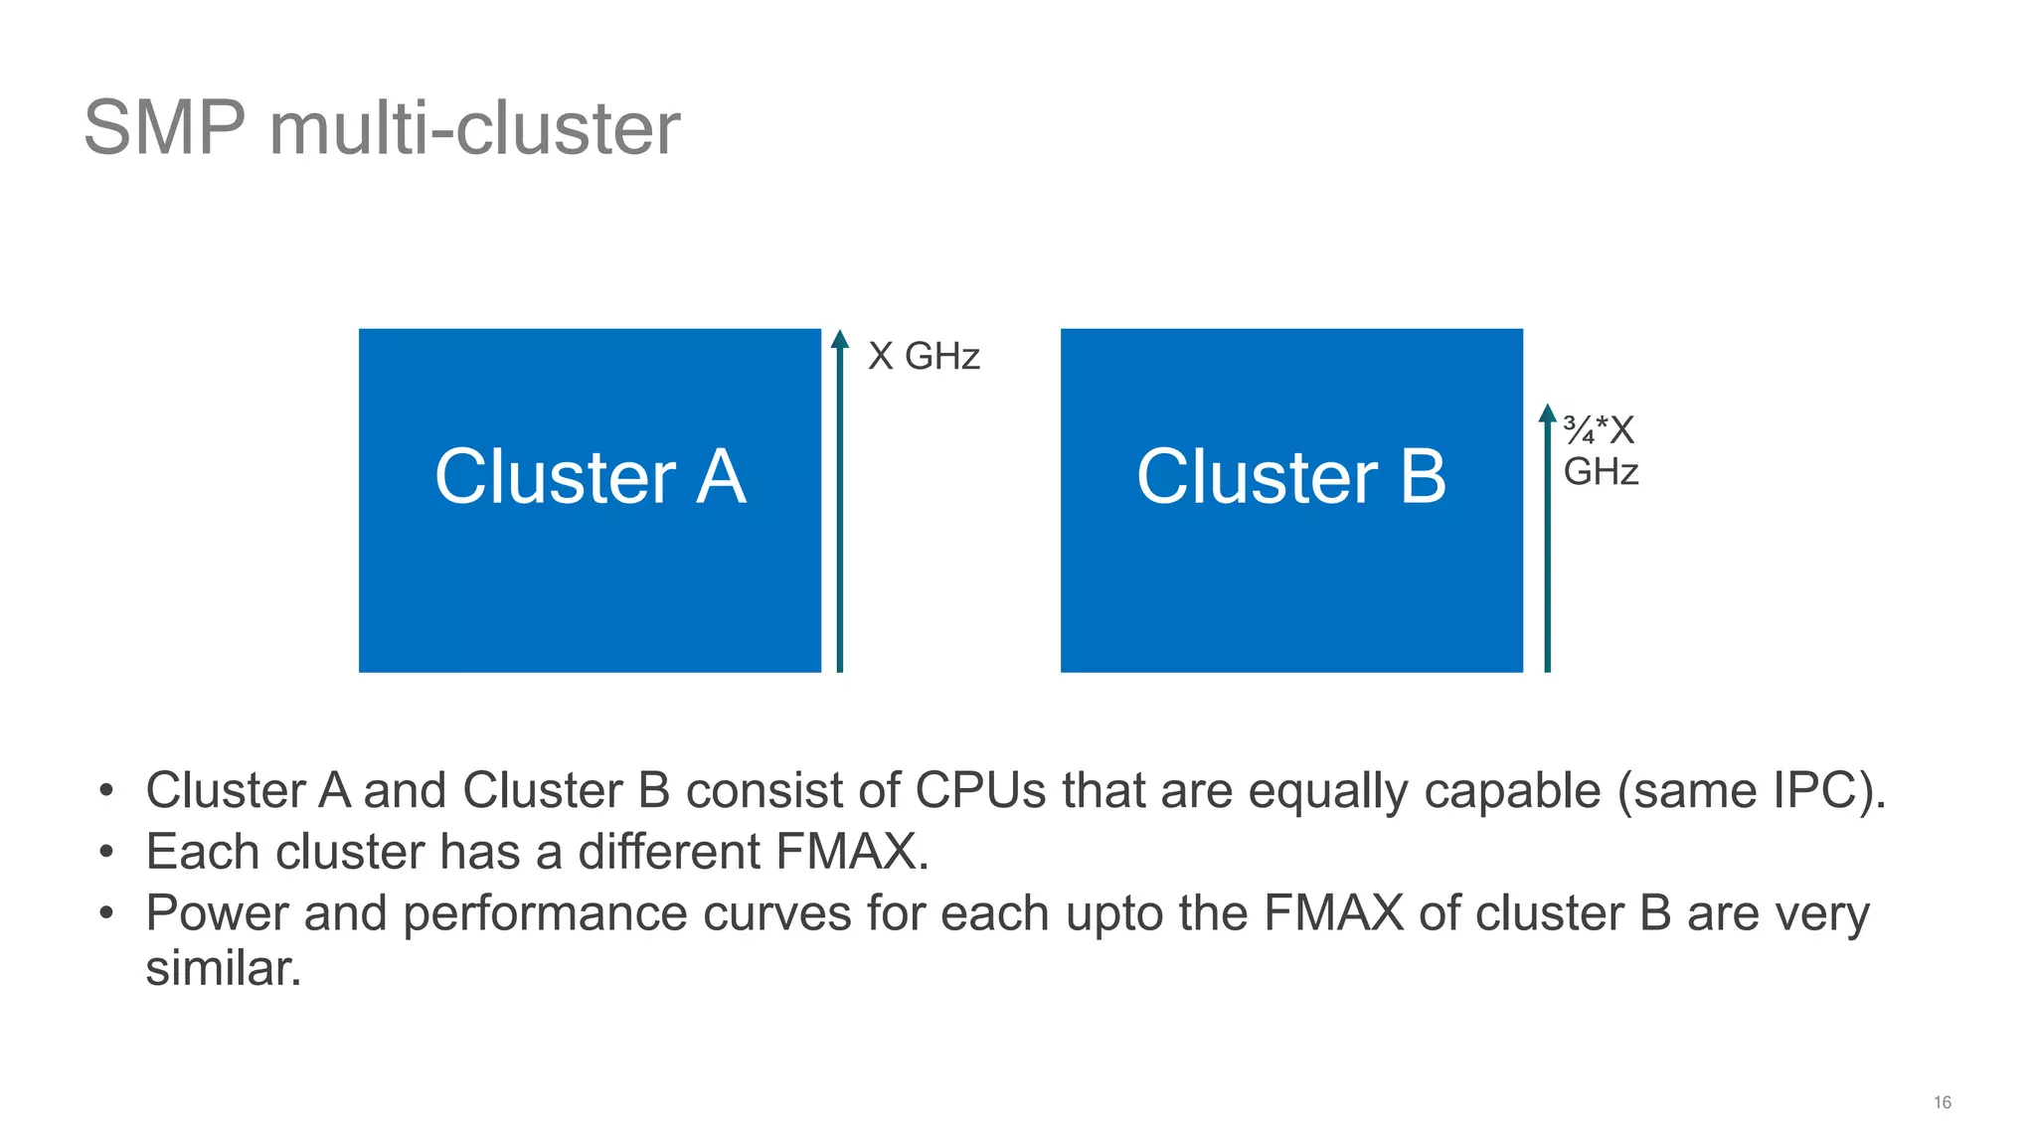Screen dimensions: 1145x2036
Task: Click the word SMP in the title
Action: pos(164,128)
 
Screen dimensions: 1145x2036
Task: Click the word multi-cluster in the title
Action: pos(474,128)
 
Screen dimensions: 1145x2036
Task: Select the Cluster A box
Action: pos(590,500)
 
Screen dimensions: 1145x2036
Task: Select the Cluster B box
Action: pos(1290,500)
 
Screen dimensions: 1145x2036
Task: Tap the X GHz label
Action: pos(924,356)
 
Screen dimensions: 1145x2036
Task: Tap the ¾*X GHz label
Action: pos(1600,450)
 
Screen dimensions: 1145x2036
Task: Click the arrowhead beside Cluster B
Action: pos(1547,413)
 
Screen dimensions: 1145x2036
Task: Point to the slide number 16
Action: pos(1942,1102)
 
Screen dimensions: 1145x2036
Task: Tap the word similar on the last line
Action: pos(223,968)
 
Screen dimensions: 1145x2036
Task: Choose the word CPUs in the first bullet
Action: pos(980,791)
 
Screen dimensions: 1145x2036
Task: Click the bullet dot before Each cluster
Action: pos(107,853)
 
